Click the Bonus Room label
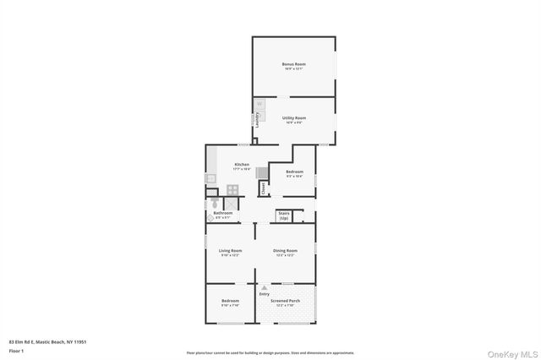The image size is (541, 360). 293,64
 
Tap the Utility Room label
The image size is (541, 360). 293,118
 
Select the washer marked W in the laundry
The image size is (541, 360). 260,105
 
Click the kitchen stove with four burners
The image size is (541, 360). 232,190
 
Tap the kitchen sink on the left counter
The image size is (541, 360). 210,178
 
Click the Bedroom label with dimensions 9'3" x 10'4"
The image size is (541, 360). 293,172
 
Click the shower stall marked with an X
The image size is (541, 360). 231,203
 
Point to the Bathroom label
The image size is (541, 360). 223,212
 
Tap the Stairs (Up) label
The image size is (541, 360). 284,215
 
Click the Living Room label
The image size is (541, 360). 231,251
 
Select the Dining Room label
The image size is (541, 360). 285,251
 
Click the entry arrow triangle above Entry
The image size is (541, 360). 264,287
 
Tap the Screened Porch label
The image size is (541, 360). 285,301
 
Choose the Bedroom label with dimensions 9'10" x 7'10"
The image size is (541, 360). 230,301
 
